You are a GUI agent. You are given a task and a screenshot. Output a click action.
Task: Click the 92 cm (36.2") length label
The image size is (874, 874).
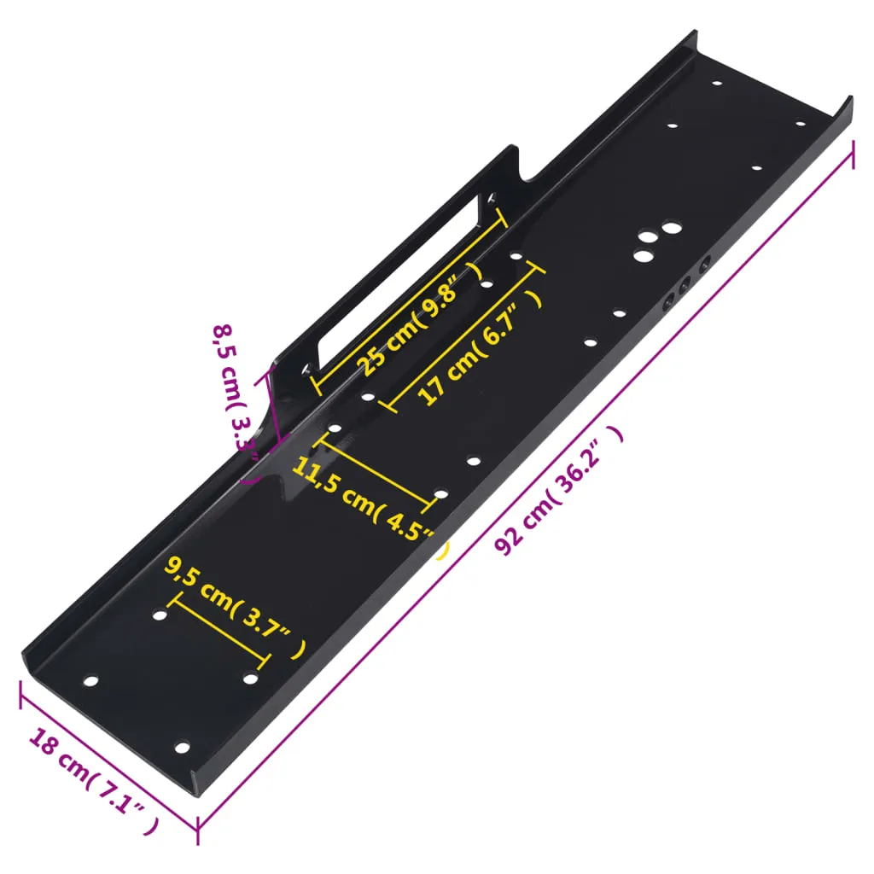[560, 492]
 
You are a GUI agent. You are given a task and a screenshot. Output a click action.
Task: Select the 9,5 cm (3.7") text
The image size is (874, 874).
[235, 606]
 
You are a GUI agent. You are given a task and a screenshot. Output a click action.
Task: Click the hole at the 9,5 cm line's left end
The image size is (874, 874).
[160, 615]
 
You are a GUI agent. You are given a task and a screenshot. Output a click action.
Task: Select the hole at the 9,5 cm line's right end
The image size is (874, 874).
[251, 678]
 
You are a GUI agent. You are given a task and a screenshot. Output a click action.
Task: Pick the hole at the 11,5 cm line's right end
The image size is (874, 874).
[440, 494]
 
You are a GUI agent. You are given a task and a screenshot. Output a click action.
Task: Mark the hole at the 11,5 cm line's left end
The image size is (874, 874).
[335, 428]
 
